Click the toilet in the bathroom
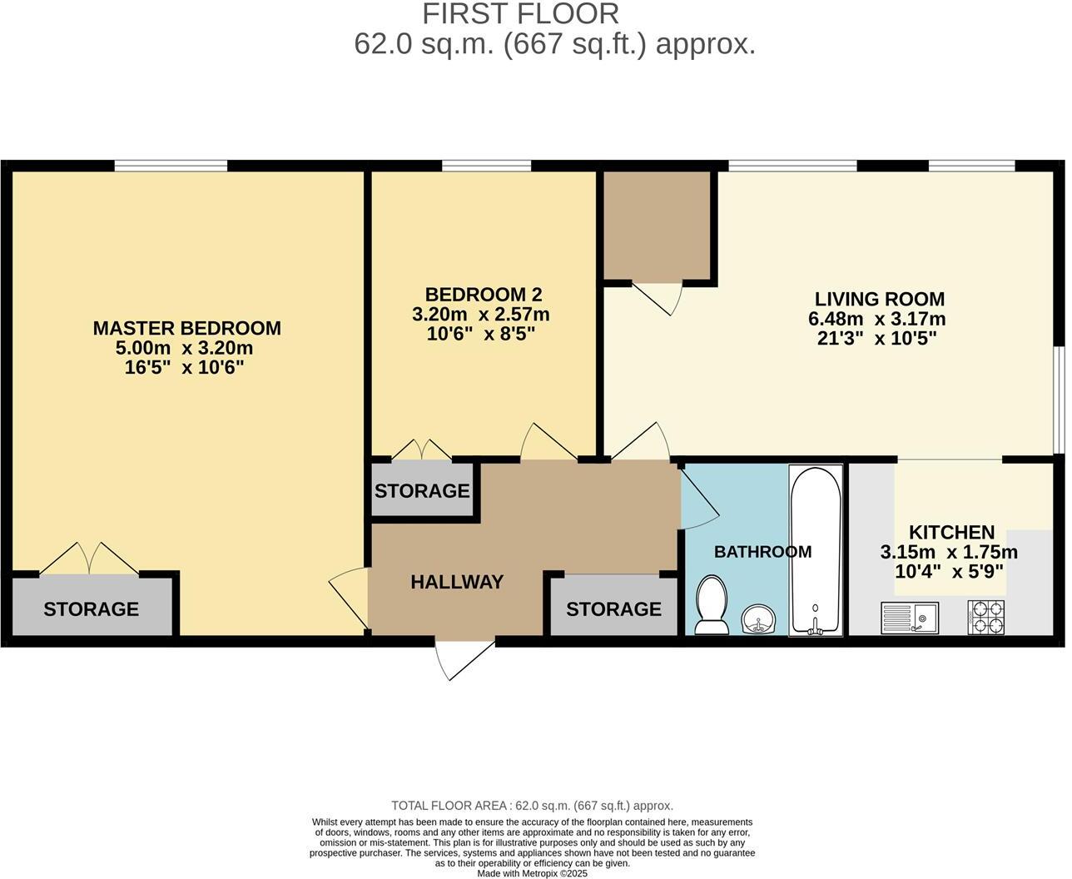pos(711,605)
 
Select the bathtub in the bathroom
pos(815,551)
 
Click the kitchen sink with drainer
pos(909,618)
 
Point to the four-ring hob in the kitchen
pos(985,618)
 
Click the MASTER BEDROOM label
pos(186,328)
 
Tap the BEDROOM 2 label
pos(483,295)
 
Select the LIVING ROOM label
pos(879,299)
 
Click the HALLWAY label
pos(457,582)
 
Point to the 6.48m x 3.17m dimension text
pos(876,319)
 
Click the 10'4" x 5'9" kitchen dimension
pos(948,572)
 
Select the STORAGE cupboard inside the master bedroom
pos(91,608)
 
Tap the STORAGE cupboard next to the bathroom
pos(613,608)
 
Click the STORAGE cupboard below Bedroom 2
pos(422,491)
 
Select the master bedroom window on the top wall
pos(171,166)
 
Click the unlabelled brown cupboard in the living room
pos(656,225)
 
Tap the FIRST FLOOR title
pos(520,14)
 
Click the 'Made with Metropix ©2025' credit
pos(532,873)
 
